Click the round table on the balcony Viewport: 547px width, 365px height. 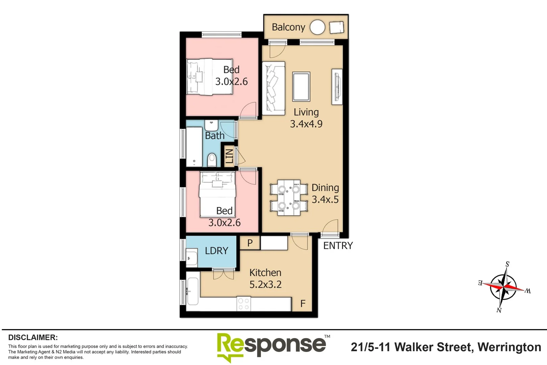pos(317,27)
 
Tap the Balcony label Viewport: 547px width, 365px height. pos(288,27)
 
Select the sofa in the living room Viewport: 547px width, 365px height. pos(273,88)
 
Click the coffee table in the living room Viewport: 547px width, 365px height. pos(301,87)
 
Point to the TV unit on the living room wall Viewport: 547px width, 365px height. pos(337,87)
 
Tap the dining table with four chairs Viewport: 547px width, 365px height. pos(289,198)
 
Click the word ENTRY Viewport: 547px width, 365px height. pos(338,246)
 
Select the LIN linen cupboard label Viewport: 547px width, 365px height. pos(229,156)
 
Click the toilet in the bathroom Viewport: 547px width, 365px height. pos(212,159)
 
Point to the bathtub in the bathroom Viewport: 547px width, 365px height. pos(194,147)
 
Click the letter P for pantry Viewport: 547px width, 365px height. pos(250,243)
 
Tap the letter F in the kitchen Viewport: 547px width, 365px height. pos(303,303)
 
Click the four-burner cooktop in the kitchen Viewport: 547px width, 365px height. pos(243,303)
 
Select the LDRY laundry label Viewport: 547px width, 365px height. pos(216,251)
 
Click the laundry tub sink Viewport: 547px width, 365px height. pos(191,258)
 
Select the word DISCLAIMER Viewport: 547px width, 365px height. pos(33,337)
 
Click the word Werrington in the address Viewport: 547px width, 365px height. pos(509,347)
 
